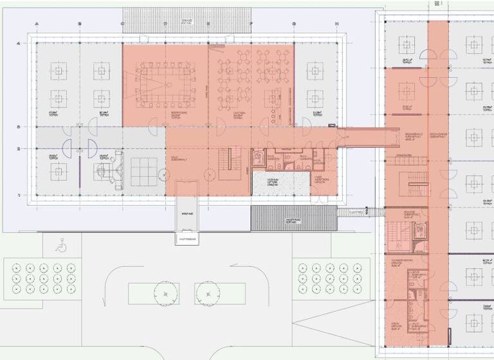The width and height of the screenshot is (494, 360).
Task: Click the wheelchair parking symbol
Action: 62,246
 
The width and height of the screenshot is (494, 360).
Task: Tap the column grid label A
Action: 37,25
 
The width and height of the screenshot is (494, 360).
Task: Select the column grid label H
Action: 336,25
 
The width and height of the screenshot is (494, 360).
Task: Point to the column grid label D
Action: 165,25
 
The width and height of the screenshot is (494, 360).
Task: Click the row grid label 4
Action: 19,43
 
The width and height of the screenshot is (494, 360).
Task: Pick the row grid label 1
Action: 19,195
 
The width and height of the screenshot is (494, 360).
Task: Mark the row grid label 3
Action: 19,127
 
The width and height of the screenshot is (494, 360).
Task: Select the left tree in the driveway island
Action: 166,294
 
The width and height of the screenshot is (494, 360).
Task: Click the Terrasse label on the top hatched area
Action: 187,21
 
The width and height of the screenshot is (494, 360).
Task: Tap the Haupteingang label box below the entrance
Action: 187,240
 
